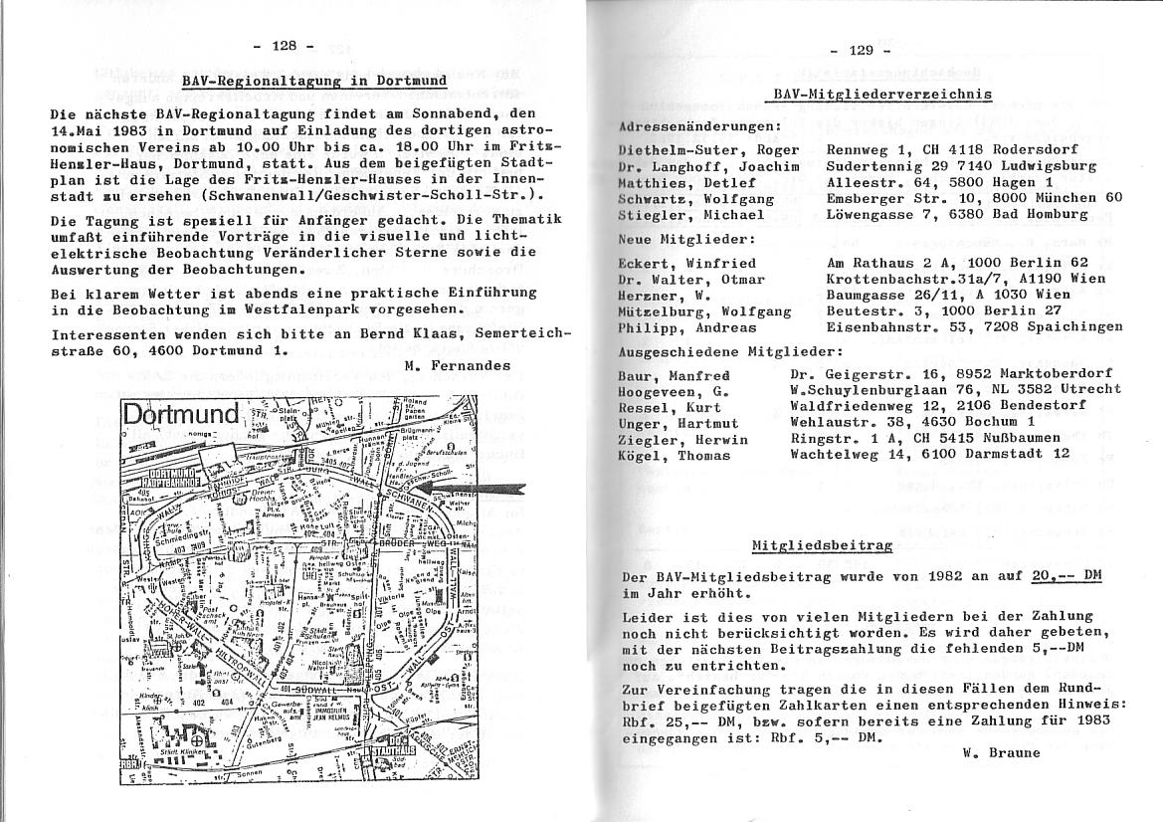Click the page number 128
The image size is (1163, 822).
coord(284,46)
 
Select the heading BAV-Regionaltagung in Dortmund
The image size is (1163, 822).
coord(314,81)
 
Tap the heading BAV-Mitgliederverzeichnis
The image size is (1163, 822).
coord(882,95)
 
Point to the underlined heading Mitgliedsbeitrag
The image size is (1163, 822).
coord(822,545)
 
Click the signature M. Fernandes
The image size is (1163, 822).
coord(458,365)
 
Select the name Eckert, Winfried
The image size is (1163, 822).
coord(686,264)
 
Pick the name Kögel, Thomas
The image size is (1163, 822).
coord(674,456)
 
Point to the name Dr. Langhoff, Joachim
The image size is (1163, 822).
coord(708,166)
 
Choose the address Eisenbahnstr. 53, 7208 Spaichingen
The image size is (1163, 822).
coord(974,327)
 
